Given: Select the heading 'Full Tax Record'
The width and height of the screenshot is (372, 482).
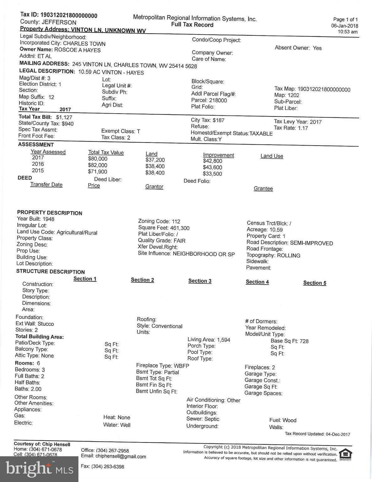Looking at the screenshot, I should [192, 25].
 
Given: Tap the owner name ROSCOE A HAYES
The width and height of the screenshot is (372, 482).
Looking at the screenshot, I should [77, 50].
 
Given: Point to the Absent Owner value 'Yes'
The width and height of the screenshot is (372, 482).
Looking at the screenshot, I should [317, 48].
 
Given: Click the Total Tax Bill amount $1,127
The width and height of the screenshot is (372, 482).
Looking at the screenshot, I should [64, 117].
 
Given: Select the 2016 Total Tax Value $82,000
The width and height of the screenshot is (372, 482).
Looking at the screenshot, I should [98, 165].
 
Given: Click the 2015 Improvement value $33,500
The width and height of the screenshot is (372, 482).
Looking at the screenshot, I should [212, 174].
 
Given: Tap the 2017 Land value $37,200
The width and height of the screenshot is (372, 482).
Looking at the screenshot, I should [155, 160].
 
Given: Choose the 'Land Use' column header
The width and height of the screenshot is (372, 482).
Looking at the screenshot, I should [272, 156].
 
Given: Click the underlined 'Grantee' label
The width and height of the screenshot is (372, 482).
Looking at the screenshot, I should [263, 189].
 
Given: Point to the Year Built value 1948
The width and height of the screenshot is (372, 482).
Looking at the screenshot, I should [48, 219].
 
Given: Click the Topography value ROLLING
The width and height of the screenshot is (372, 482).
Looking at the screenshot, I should [289, 255].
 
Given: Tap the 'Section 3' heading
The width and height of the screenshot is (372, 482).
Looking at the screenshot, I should [200, 281].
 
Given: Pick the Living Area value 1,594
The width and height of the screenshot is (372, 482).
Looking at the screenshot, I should [223, 340].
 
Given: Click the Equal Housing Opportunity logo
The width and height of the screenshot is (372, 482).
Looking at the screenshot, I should [345, 454].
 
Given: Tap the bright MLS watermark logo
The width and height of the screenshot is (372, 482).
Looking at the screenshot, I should [39, 469].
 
